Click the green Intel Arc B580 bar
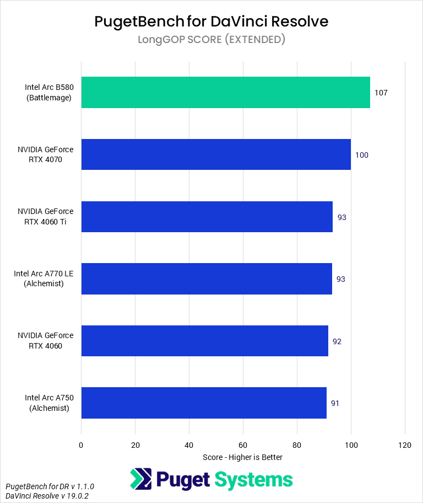(x=225, y=92)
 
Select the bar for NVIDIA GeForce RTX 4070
(x=216, y=154)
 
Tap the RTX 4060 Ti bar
(x=207, y=217)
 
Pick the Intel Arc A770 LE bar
(x=207, y=279)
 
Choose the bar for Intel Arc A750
(x=204, y=403)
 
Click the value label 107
(x=381, y=93)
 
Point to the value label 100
(x=362, y=155)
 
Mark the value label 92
(x=337, y=341)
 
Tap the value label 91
(x=335, y=403)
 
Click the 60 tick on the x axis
(x=243, y=445)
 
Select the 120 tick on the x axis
(x=405, y=445)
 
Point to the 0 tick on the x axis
(x=81, y=445)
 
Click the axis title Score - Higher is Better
(x=242, y=457)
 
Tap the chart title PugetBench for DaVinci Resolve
(x=211, y=21)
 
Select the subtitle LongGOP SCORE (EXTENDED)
(x=211, y=39)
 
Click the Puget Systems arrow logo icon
(x=140, y=479)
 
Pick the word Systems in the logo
(x=254, y=479)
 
